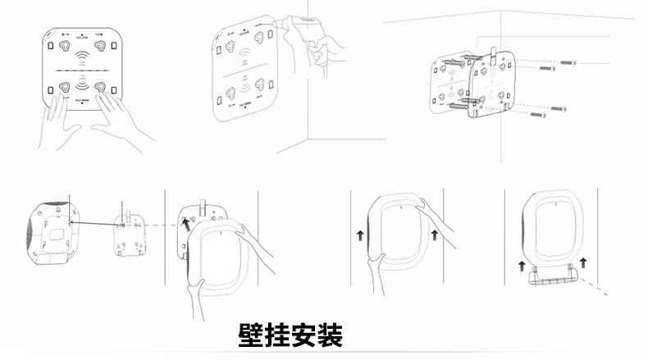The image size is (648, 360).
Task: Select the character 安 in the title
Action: (303, 335)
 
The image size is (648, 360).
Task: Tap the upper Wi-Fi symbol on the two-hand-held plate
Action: (82, 57)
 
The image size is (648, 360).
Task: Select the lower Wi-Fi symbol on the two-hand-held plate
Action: (82, 85)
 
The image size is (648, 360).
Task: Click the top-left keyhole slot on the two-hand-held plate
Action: (62, 45)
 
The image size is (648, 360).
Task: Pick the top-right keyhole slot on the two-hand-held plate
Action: (100, 45)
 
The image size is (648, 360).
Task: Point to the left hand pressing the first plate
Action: (57, 123)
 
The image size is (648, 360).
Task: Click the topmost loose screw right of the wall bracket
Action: (568, 62)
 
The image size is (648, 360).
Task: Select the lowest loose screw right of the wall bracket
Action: (539, 116)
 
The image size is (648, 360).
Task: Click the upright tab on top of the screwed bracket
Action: (494, 53)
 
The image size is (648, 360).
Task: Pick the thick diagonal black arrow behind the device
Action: (186, 221)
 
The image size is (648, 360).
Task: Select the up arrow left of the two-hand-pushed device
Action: (359, 238)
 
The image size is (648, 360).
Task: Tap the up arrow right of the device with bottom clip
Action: (583, 262)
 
